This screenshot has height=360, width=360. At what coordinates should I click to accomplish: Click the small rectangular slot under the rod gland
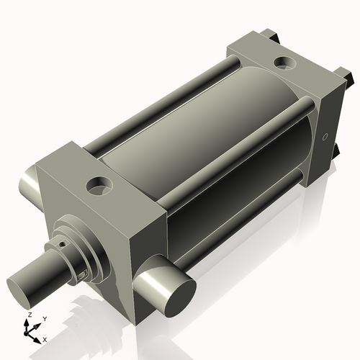(84, 274)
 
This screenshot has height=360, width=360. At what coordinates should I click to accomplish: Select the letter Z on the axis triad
(30, 315)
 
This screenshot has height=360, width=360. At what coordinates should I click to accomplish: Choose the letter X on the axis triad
(45, 338)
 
